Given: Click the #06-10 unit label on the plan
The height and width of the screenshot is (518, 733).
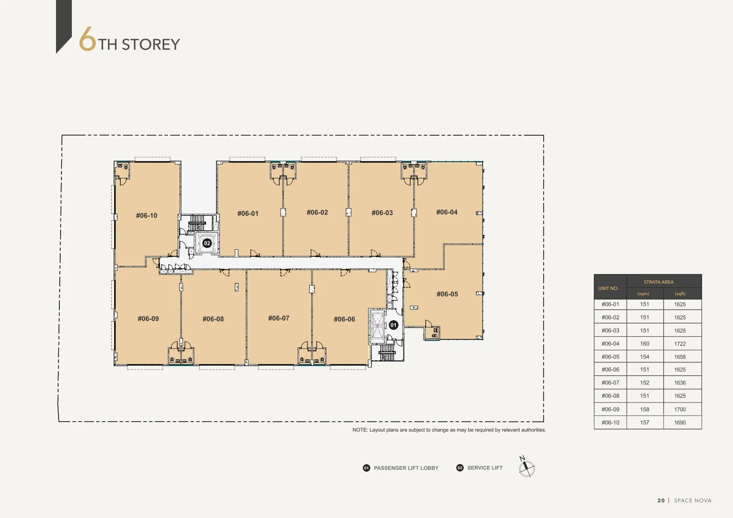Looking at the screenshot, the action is [147, 215].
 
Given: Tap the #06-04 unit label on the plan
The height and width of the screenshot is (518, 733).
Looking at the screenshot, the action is [447, 212].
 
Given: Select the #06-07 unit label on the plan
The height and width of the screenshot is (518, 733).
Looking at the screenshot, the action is [279, 318].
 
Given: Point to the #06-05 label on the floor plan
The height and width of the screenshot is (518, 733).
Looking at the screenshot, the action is [447, 294].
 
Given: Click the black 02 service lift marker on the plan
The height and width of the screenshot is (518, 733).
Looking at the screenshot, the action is [207, 243].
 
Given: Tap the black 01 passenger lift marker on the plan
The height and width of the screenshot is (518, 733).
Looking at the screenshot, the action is [393, 325].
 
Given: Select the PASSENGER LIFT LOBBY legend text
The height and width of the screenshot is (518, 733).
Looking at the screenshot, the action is [406, 468].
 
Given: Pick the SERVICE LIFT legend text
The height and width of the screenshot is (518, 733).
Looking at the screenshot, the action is [485, 468].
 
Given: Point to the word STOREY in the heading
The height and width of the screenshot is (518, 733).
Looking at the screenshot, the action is [151, 44].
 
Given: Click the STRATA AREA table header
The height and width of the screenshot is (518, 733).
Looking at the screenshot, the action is [659, 282].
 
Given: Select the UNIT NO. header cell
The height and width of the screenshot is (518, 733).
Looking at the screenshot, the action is [608, 288].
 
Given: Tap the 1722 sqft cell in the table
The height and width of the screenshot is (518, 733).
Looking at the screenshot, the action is [680, 344].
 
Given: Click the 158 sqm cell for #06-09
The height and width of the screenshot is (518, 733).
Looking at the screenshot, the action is [645, 409].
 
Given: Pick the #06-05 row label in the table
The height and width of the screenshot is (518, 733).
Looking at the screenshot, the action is [611, 357].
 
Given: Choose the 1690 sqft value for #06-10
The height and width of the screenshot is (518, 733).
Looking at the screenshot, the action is [680, 422].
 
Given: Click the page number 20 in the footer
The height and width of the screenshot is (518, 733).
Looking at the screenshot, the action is [661, 500].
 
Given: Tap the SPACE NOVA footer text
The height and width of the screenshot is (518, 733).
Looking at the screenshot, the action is [692, 500].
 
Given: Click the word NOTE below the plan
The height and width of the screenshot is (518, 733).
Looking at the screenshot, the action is [360, 430].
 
